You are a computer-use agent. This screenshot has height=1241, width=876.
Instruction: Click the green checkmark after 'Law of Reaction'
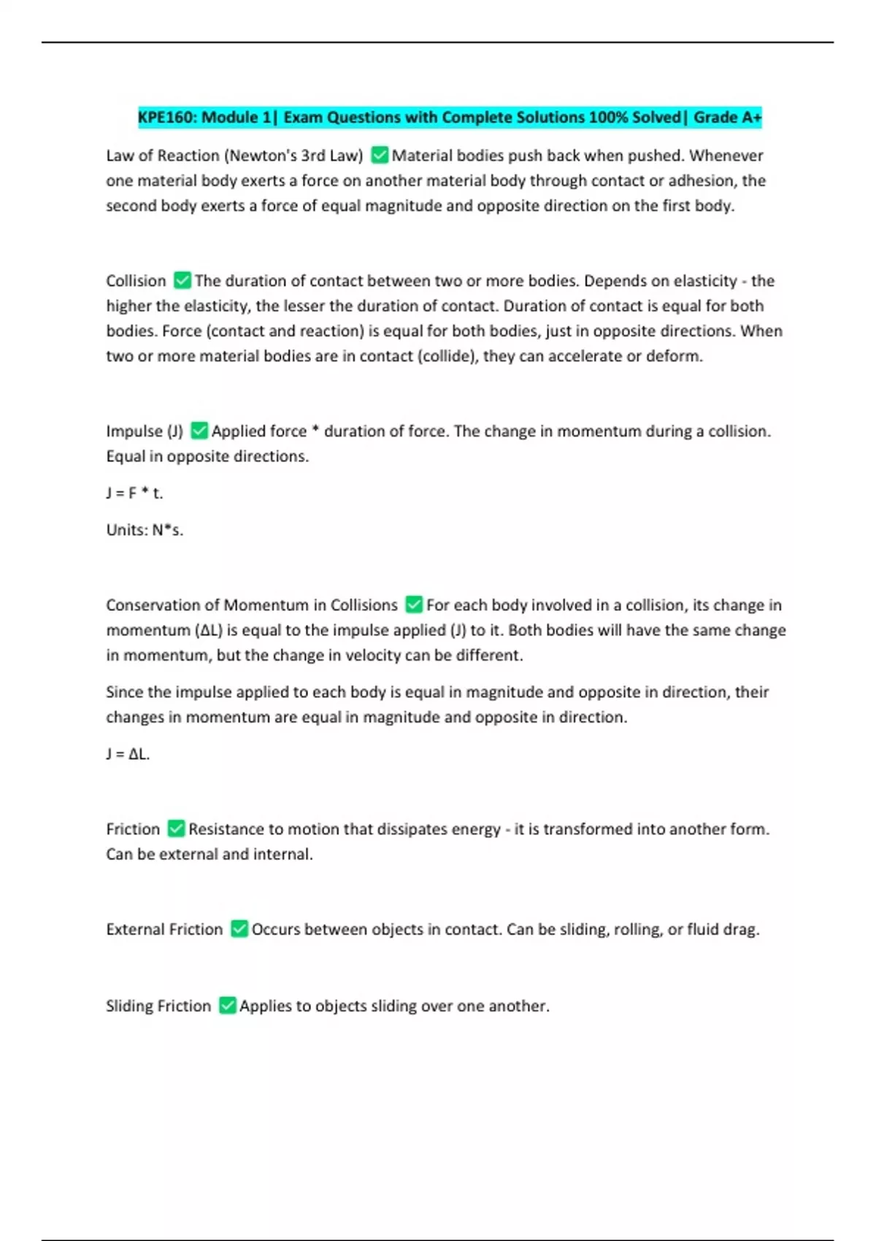click(x=380, y=155)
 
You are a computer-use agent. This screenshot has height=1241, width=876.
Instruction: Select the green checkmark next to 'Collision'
click(x=182, y=280)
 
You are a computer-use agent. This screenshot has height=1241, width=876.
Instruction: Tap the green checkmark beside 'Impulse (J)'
click(x=199, y=431)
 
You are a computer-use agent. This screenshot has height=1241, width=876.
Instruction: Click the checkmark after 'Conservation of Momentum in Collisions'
click(x=414, y=604)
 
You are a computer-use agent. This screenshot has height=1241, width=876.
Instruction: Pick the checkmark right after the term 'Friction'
click(x=176, y=829)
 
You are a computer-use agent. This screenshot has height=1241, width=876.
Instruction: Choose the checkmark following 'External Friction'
click(x=239, y=929)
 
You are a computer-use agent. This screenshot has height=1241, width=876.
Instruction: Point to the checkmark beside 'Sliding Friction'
click(x=228, y=1005)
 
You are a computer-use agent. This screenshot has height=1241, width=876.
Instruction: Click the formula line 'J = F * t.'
click(x=135, y=493)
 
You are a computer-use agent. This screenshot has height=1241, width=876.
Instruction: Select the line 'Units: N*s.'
click(x=145, y=529)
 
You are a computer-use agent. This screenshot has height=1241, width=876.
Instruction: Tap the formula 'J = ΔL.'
click(x=128, y=753)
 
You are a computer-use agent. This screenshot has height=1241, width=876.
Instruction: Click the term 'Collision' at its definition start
click(x=136, y=280)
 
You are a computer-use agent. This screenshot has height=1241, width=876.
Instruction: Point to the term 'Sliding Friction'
click(x=158, y=1005)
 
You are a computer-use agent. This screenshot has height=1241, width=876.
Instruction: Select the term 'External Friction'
click(x=164, y=929)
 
